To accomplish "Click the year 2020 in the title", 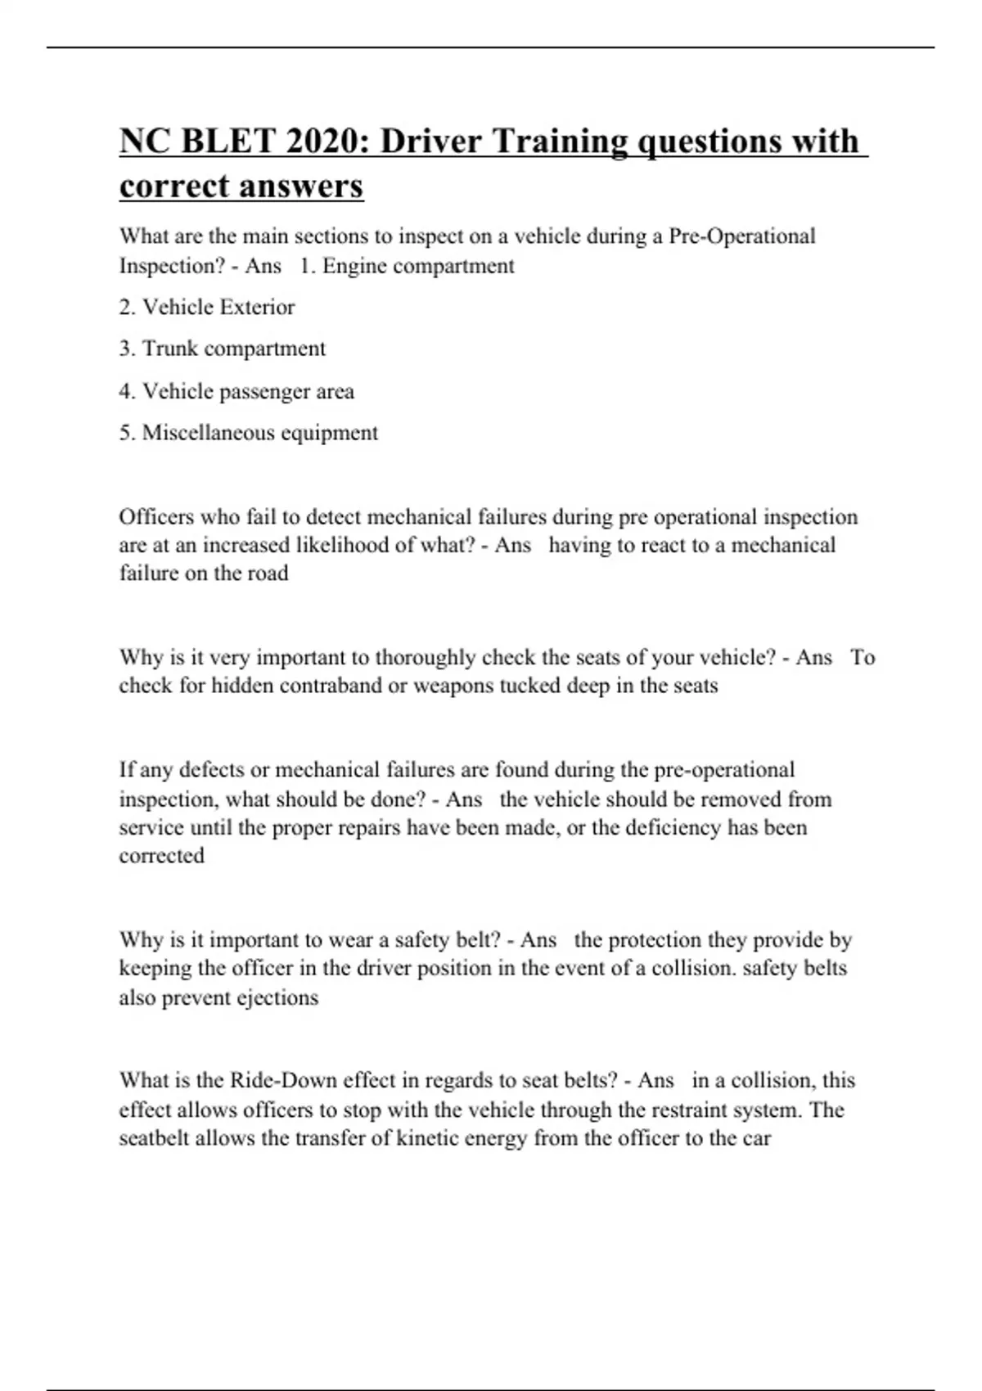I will (327, 142).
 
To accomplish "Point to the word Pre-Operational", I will (742, 236).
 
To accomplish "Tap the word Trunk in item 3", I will (169, 349).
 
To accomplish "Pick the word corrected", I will (161, 856).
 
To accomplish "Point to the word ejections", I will (277, 998).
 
